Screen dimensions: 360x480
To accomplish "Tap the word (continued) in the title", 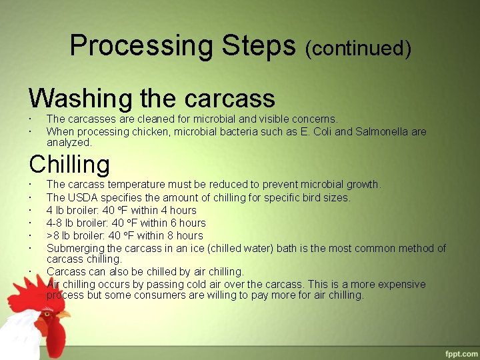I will (x=358, y=49).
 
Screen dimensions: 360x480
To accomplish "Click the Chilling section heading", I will (x=69, y=164).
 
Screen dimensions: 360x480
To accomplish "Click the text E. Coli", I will (x=313, y=132).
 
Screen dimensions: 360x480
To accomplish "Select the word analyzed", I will (x=69, y=142).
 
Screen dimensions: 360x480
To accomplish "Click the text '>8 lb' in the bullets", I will (x=59, y=235).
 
